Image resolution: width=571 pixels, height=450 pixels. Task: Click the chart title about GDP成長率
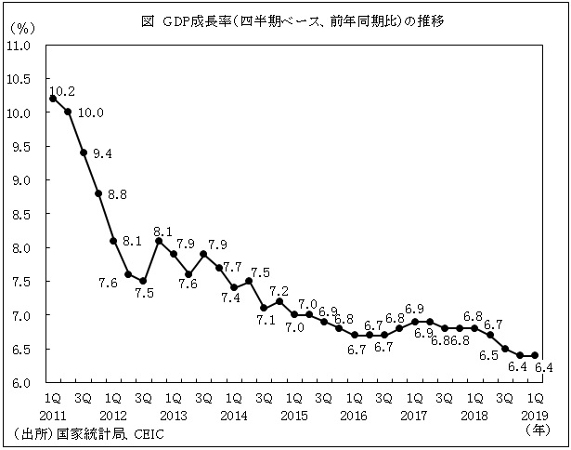[286, 20]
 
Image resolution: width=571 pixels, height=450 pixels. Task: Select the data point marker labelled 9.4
[84, 153]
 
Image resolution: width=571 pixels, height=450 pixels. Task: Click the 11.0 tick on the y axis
[20, 46]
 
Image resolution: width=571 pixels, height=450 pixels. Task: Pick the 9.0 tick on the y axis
[22, 180]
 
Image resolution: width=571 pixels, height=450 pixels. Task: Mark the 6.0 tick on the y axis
[22, 383]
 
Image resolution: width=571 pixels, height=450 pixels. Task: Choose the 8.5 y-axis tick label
[22, 215]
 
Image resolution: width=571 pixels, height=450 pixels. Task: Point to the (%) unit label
[20, 29]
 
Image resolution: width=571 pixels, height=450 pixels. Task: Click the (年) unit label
[537, 430]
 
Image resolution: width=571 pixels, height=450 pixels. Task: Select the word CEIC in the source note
[150, 434]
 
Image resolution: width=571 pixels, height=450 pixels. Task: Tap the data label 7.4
[230, 298]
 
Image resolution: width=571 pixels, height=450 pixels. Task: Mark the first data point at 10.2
[53, 98]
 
